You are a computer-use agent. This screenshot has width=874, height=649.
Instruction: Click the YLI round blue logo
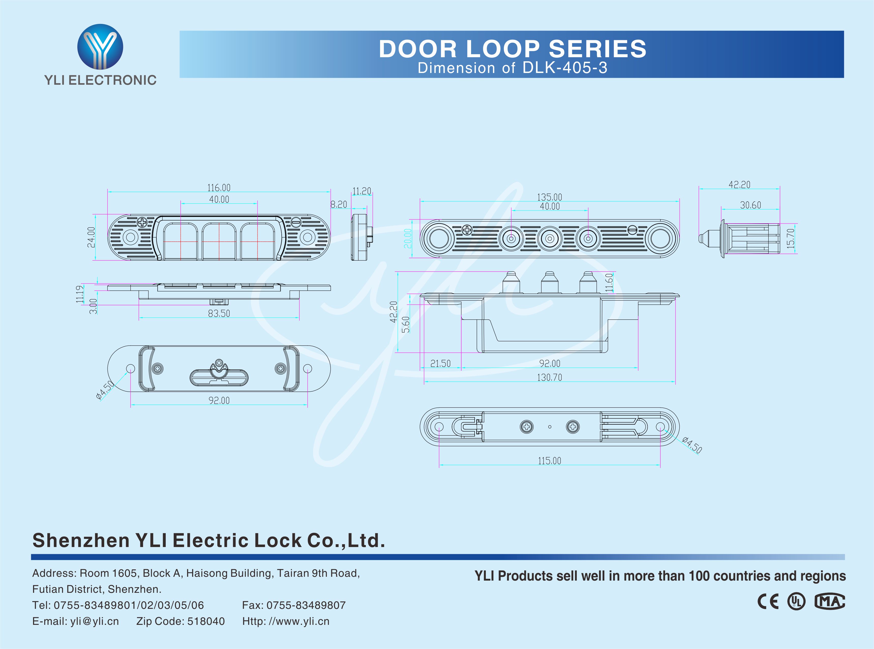[x=100, y=47]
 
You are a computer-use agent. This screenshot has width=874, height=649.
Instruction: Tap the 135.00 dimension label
[x=549, y=197]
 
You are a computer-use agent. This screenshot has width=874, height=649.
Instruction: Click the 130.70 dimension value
[x=549, y=378]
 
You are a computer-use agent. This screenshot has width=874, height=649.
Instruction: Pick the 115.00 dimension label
[x=549, y=461]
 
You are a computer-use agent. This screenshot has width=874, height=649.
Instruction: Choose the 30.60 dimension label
[x=750, y=205]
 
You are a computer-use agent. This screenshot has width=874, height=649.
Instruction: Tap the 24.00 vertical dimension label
[x=91, y=237]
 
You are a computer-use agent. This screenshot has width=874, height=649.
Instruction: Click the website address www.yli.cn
[x=298, y=621]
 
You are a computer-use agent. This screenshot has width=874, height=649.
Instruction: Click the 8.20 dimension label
[x=338, y=205]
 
